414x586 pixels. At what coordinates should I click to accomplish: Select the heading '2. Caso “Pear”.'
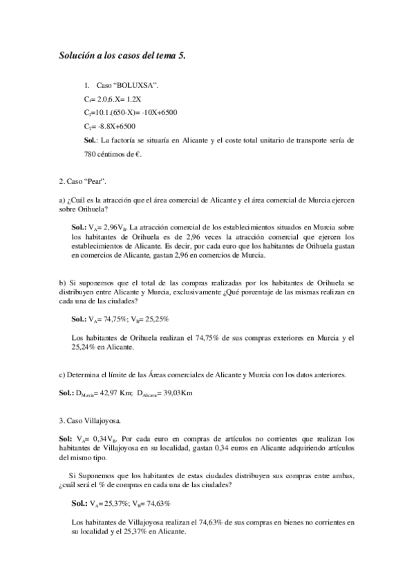[x=86, y=181]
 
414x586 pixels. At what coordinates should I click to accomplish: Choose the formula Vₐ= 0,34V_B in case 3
[x=97, y=439]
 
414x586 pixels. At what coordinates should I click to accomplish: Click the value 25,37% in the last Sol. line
[x=113, y=503]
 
